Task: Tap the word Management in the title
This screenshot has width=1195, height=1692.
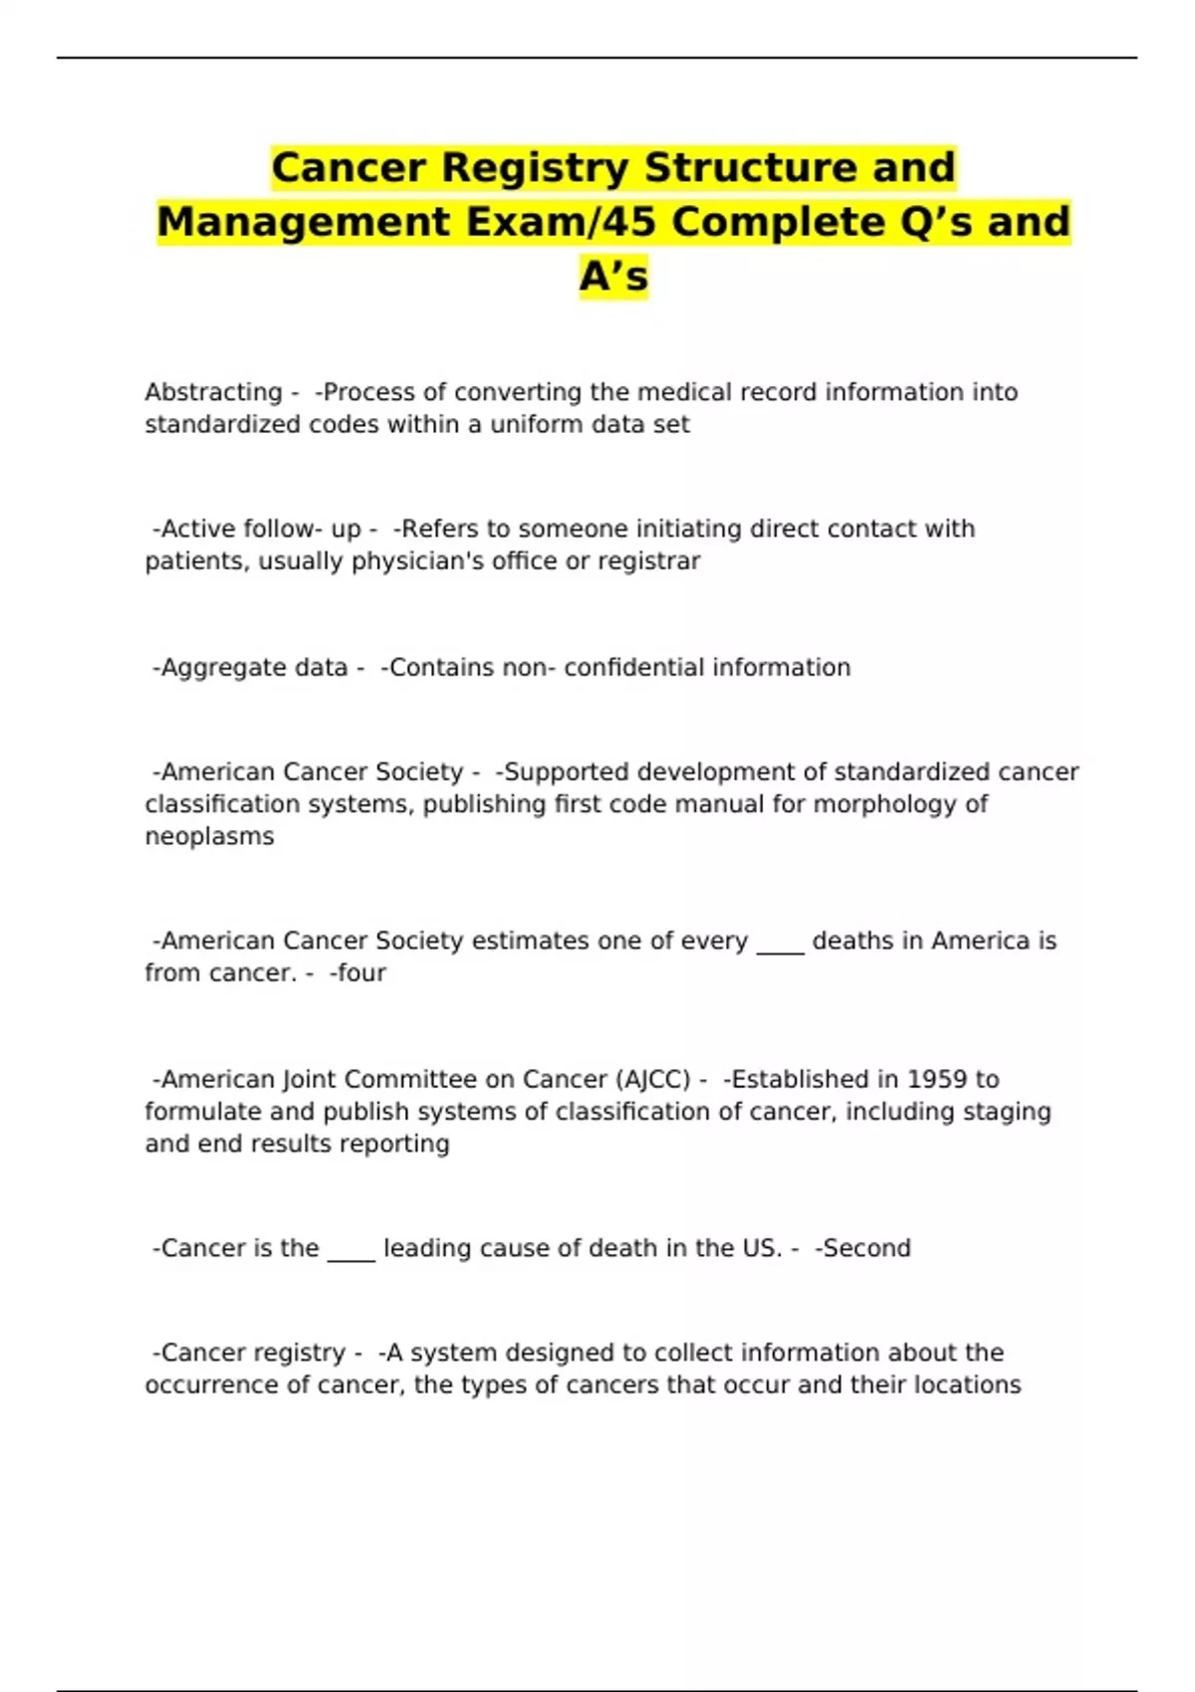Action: (x=304, y=221)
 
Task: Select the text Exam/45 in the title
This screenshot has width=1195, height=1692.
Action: (x=564, y=221)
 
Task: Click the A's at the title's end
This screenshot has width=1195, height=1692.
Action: (x=613, y=276)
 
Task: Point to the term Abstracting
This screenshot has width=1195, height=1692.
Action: (x=213, y=392)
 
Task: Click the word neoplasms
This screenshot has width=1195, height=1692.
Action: (x=209, y=836)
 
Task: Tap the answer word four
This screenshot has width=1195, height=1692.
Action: (x=360, y=973)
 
